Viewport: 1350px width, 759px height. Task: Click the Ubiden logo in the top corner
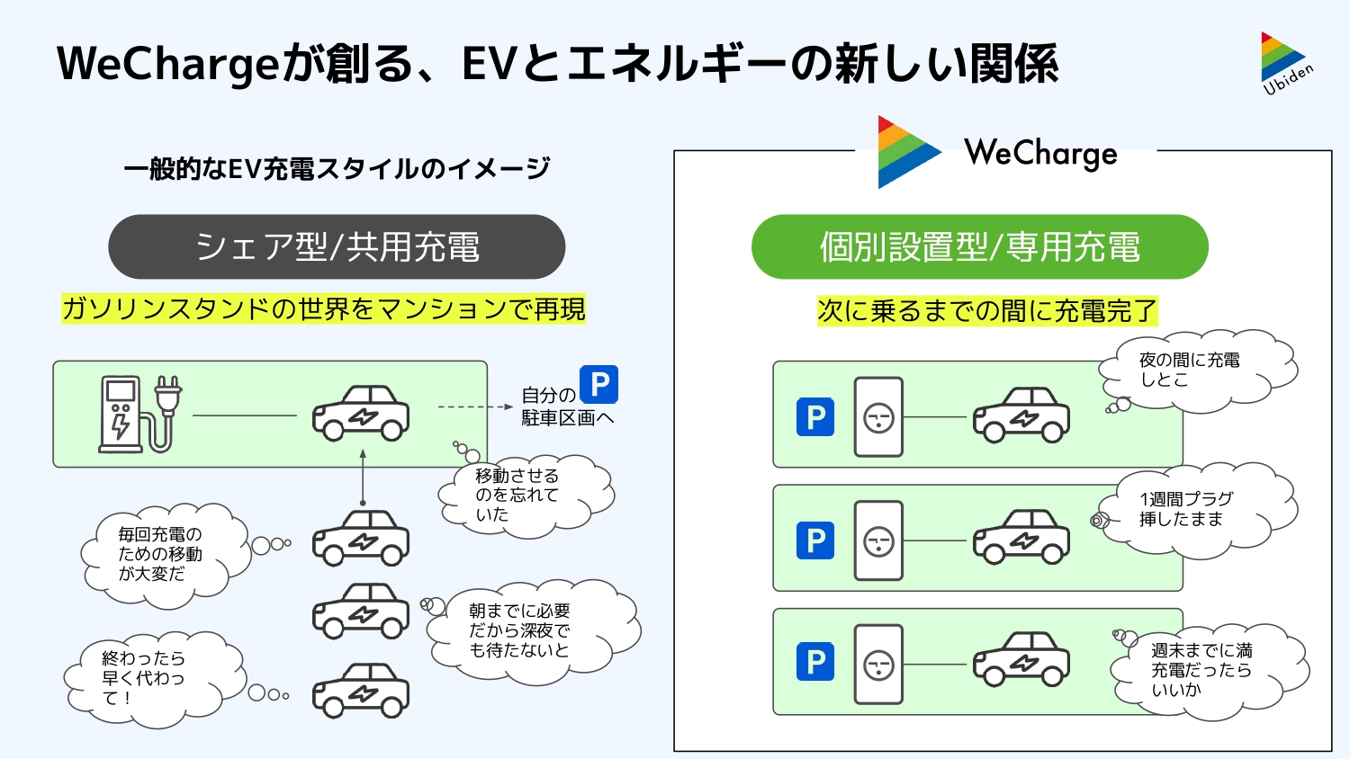coord(1285,63)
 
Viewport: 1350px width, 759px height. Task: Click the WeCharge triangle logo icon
coord(907,152)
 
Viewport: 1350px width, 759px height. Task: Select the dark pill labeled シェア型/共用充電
coord(337,247)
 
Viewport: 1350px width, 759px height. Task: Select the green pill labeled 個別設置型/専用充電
coord(979,247)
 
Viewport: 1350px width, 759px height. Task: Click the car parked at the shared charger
coord(361,413)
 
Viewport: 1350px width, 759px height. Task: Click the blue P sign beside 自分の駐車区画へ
coord(598,384)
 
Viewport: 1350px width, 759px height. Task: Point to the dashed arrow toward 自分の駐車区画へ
coord(474,407)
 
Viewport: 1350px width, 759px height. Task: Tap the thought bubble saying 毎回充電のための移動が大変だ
coord(162,553)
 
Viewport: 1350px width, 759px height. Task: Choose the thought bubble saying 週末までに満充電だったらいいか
coord(1206,670)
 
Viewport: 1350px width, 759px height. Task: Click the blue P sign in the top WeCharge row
coord(815,417)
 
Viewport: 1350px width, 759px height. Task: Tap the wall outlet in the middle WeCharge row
coord(878,540)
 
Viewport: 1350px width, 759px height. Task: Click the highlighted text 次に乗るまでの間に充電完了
coord(987,311)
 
